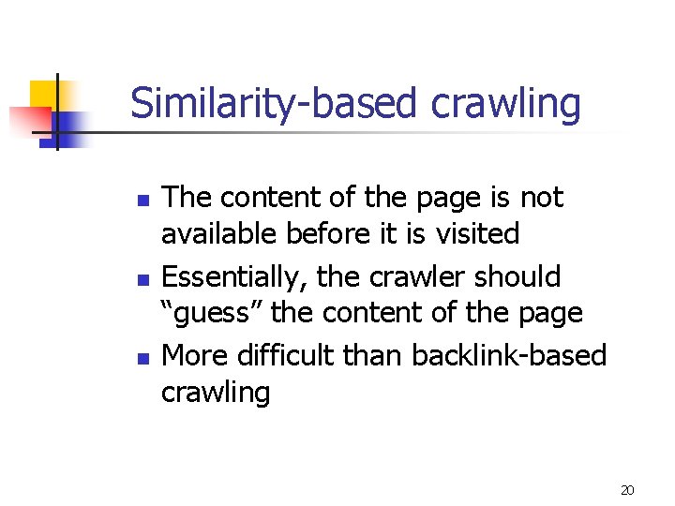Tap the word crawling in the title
(505, 104)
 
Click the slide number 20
(627, 490)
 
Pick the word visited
(473, 233)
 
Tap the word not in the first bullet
(543, 199)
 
